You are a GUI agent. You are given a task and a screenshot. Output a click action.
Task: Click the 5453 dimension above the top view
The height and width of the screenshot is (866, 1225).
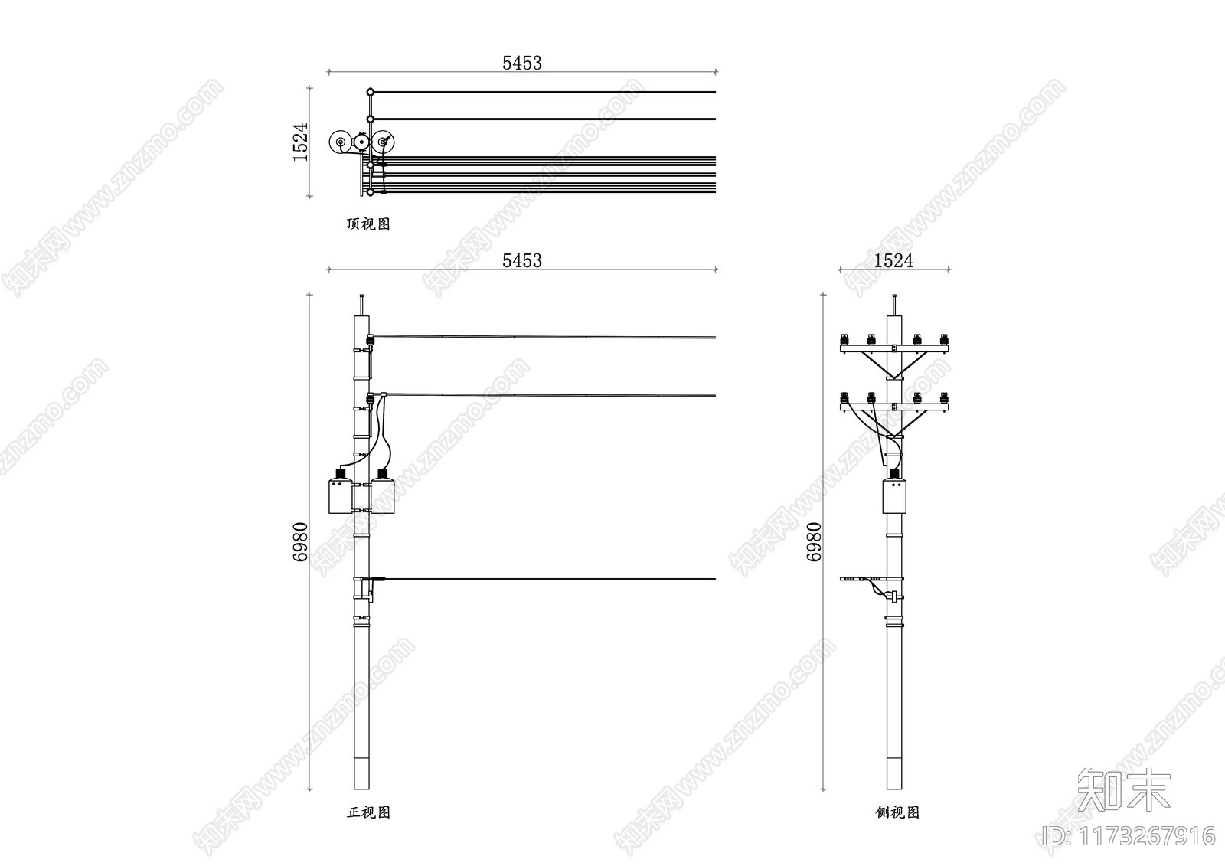click(521, 63)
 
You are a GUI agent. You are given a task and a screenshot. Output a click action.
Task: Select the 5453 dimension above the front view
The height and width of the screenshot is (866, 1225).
click(521, 260)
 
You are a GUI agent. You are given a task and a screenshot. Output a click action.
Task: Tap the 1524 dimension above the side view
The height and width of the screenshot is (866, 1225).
click(893, 260)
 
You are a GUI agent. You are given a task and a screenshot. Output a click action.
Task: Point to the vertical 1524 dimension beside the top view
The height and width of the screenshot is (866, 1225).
click(300, 142)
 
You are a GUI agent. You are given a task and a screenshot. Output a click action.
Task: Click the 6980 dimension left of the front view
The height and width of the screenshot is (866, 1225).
click(300, 541)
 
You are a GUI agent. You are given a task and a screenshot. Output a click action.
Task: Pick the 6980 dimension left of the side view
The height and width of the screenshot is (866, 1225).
click(814, 541)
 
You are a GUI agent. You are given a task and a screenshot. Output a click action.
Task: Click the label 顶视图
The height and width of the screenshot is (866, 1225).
click(368, 224)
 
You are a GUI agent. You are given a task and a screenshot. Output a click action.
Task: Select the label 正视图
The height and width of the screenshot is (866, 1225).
click(368, 812)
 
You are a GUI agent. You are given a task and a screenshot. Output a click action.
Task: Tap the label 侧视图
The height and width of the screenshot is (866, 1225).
click(897, 812)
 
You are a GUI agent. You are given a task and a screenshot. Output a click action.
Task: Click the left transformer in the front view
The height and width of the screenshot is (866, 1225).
click(340, 492)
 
